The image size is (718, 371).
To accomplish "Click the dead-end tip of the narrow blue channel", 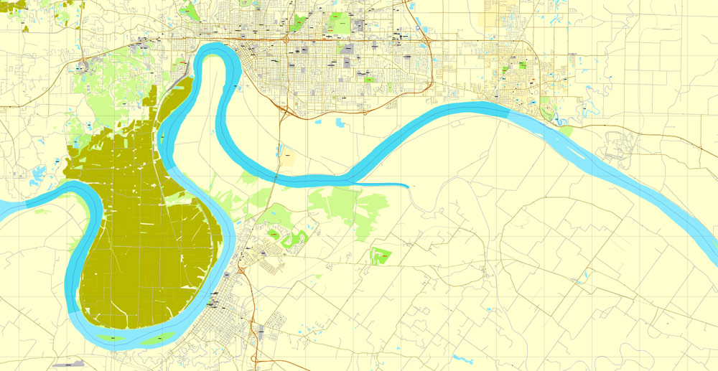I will pos(409,187).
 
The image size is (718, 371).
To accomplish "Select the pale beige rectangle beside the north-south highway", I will pos(286,157).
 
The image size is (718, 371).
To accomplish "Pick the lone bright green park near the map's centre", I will pos(381,255).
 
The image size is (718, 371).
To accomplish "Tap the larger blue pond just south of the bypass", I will pos(339,122).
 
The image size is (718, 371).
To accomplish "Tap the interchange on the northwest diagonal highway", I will pos(84,66).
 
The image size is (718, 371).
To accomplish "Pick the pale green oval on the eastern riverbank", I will pos(563,131).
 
